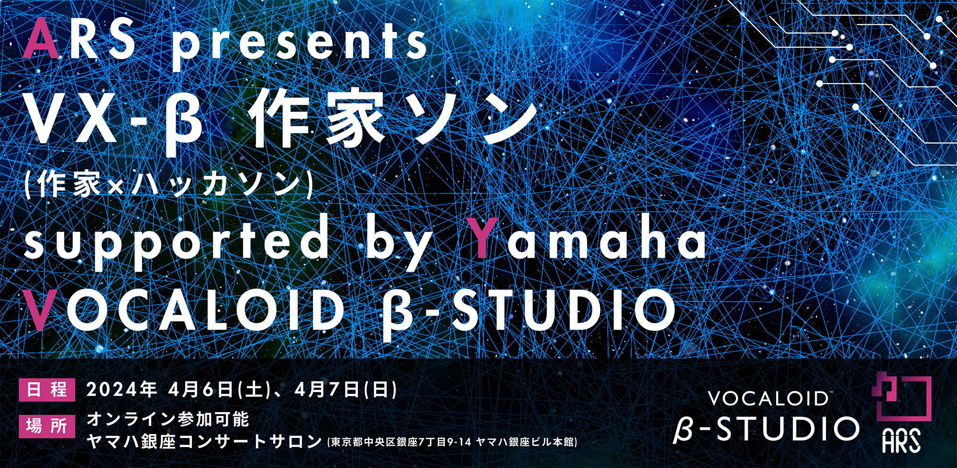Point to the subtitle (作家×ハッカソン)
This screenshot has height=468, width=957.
[x=168, y=184]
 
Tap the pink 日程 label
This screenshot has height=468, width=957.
[x=47, y=390]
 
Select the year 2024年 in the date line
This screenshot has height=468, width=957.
[x=122, y=390]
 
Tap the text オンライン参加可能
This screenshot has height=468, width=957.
[x=168, y=419]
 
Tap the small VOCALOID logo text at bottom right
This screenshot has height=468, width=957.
[x=768, y=398]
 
